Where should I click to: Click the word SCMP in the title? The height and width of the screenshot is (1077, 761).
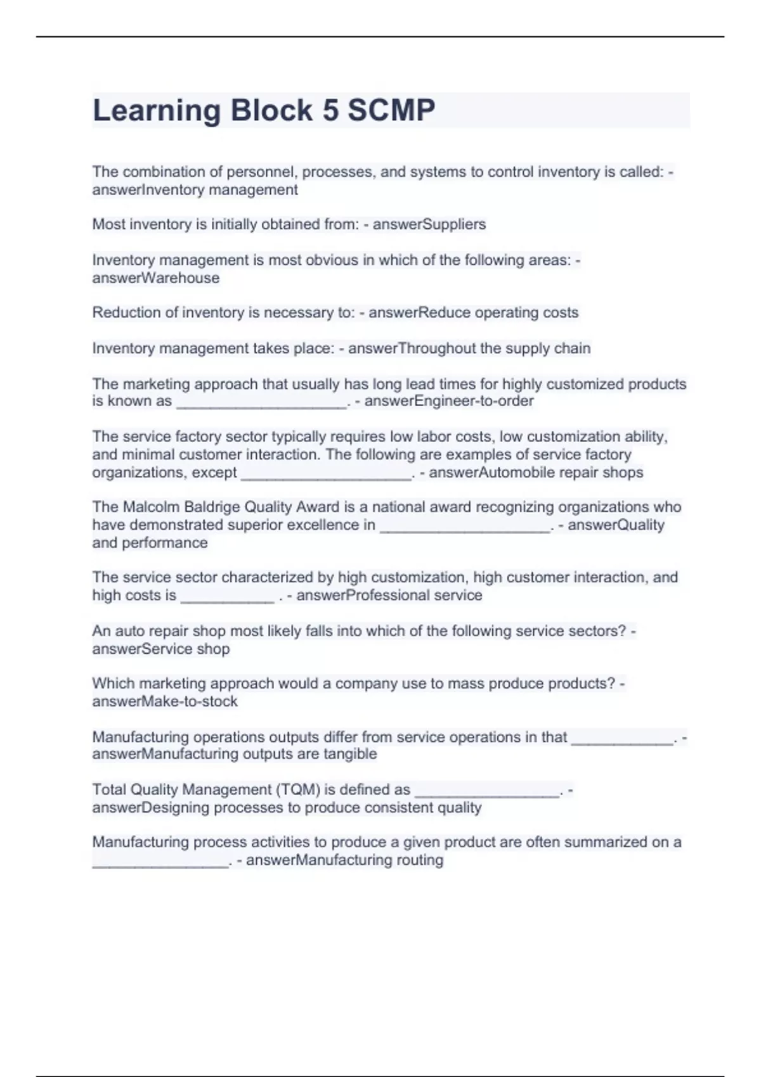tap(391, 110)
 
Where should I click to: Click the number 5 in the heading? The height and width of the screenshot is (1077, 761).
tap(330, 110)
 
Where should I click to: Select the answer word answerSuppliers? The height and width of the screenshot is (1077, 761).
tap(429, 224)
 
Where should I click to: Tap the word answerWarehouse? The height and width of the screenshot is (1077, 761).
tap(156, 278)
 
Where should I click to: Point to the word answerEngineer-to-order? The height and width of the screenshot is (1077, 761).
tap(449, 401)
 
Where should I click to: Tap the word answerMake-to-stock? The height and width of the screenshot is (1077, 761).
tap(165, 701)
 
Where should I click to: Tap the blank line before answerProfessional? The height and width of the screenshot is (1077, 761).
tap(227, 597)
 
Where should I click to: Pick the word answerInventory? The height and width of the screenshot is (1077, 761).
tap(148, 190)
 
